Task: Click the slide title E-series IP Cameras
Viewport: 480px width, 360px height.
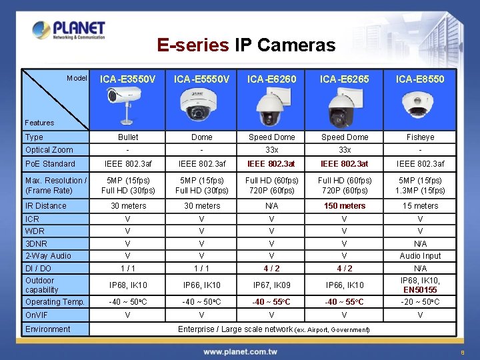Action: coord(246,45)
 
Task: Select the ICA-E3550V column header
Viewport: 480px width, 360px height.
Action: coord(128,79)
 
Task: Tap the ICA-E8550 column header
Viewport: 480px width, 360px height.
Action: coord(420,79)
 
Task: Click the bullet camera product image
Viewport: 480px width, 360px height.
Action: coord(127,104)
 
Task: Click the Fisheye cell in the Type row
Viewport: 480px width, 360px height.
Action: coord(420,137)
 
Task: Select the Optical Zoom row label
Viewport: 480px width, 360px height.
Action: coord(49,150)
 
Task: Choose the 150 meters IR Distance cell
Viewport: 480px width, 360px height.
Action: coord(345,206)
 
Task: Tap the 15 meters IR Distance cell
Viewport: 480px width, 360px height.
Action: coord(420,206)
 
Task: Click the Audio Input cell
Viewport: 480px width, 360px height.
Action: coord(420,256)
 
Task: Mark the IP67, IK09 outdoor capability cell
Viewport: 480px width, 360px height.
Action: coord(271,285)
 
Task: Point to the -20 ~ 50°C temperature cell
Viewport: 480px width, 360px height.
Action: coord(420,302)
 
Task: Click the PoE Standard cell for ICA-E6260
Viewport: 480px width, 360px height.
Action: coord(271,164)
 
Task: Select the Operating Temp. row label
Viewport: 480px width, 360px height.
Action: coord(55,302)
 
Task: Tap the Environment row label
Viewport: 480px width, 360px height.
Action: coord(47,329)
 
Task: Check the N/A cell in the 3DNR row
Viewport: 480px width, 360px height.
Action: coord(420,244)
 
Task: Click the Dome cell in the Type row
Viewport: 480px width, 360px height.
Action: coord(202,137)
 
